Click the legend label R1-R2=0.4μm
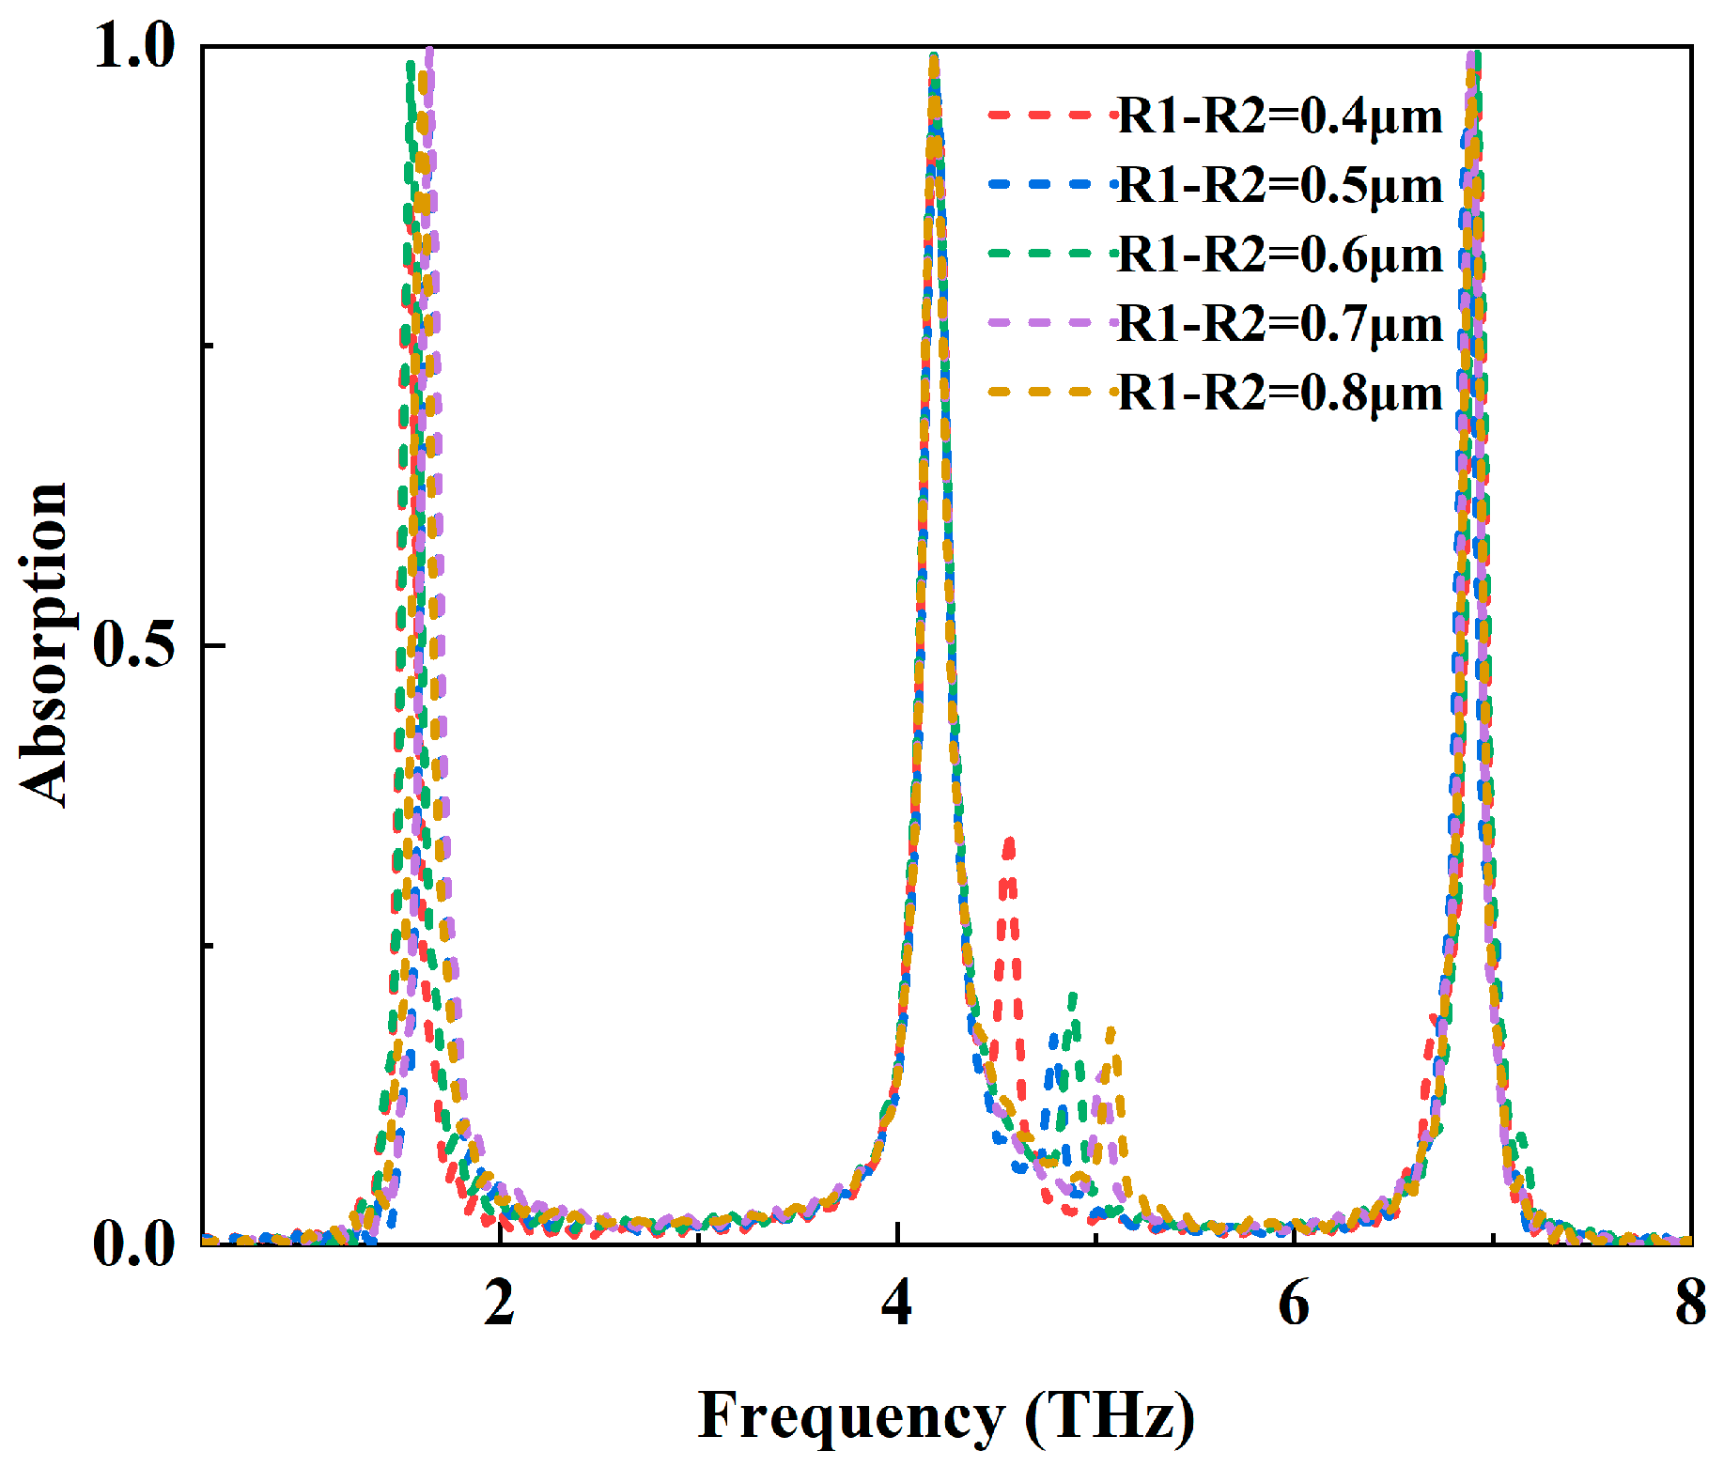(x=1280, y=116)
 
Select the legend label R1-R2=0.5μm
(x=1280, y=185)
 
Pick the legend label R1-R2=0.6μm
(x=1280, y=255)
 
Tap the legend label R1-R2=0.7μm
(x=1280, y=324)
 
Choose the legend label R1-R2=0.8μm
(x=1280, y=393)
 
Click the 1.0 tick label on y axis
(x=134, y=47)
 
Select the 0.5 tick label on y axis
(x=134, y=646)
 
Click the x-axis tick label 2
(x=500, y=1304)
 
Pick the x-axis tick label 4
(x=897, y=1304)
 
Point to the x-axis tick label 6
(x=1295, y=1304)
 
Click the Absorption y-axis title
(x=44, y=645)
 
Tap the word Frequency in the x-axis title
(x=851, y=1415)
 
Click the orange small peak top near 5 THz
(x=1111, y=1030)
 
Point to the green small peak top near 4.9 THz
(x=1072, y=996)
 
